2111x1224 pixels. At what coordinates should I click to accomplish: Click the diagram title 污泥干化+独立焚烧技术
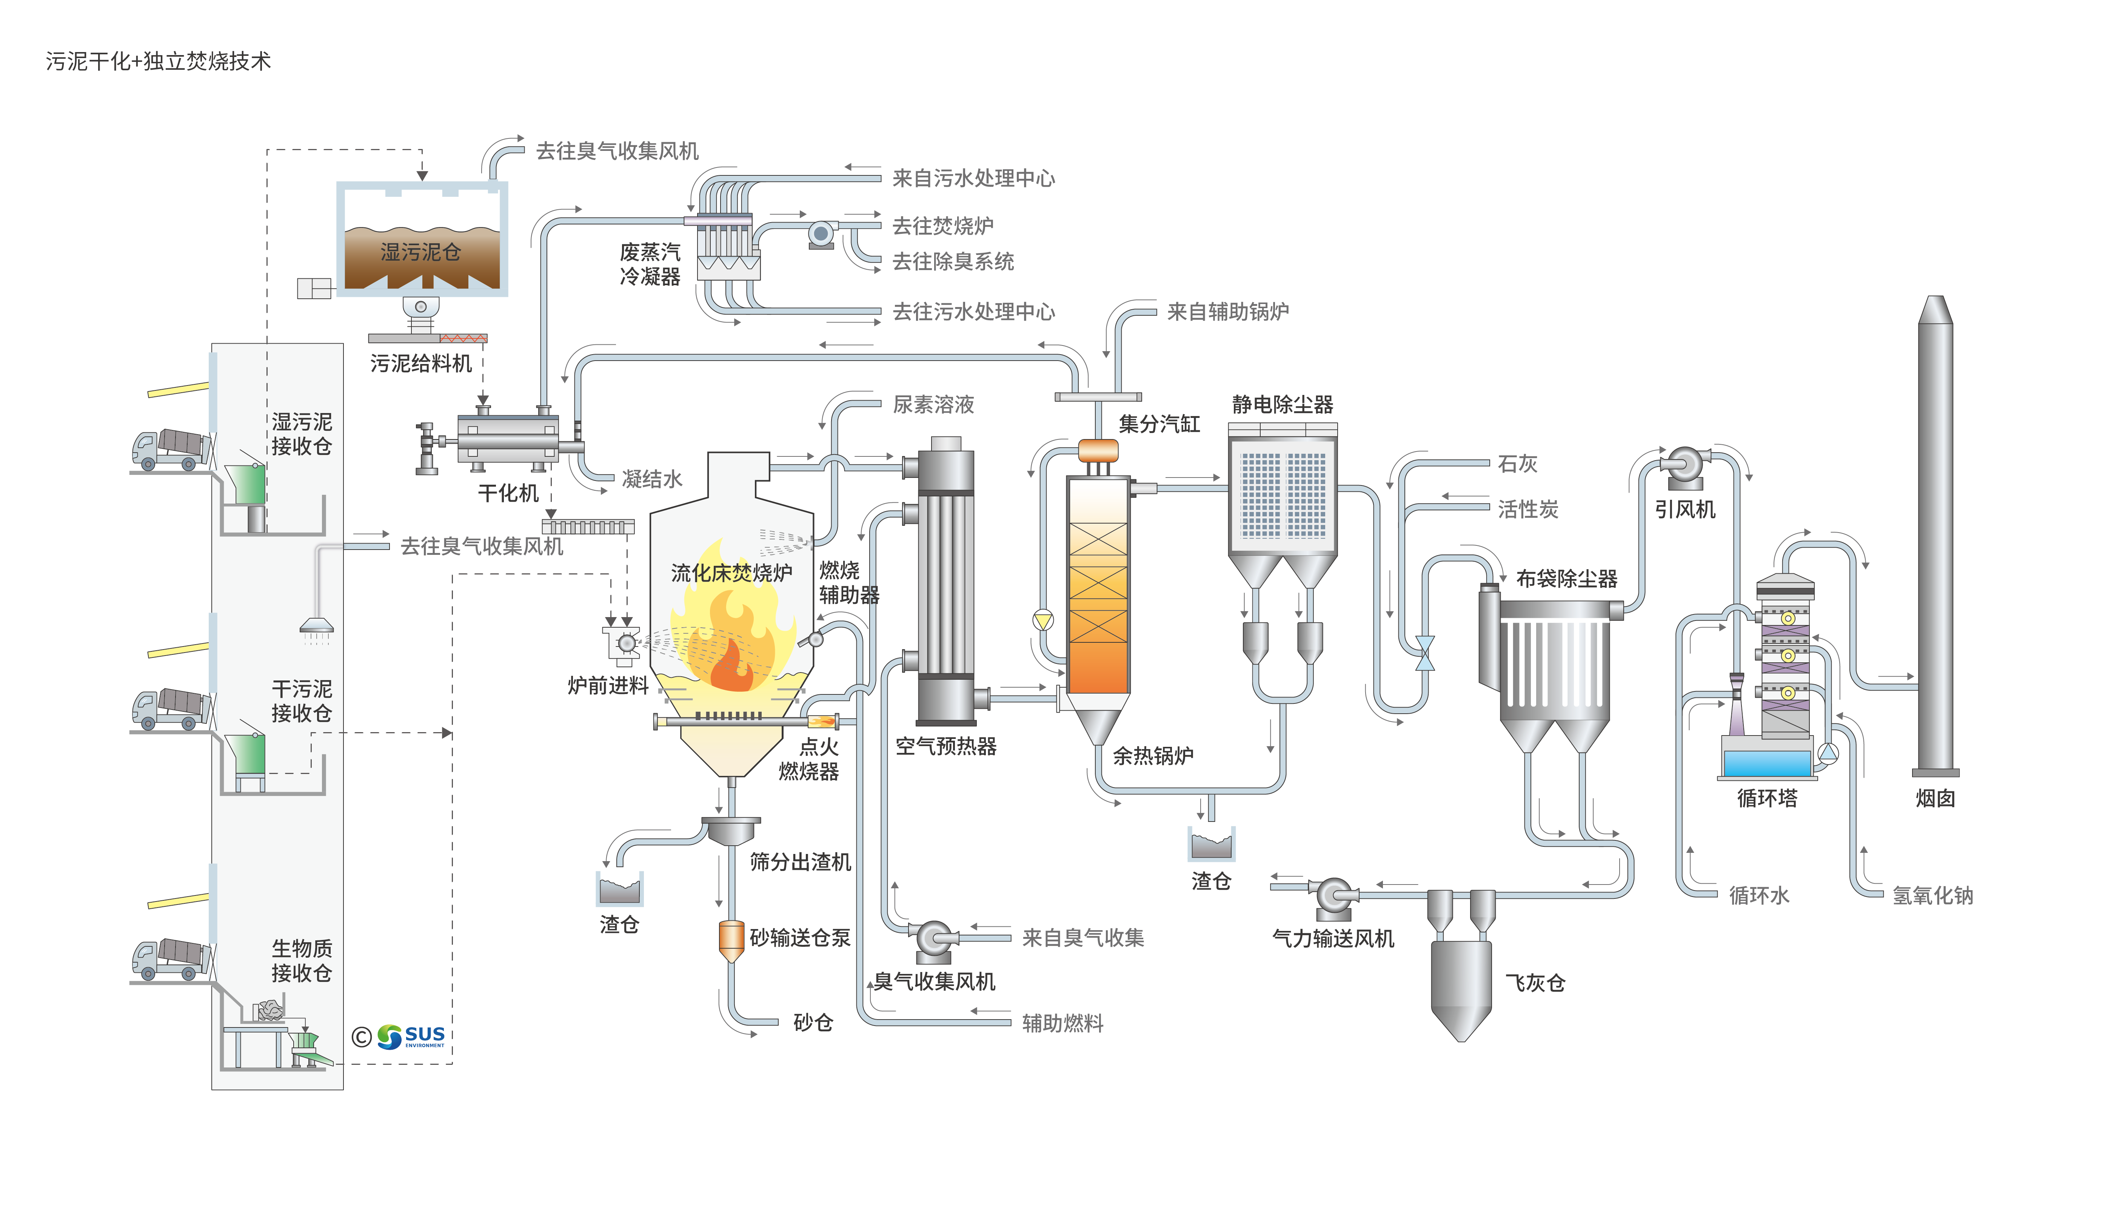click(x=158, y=61)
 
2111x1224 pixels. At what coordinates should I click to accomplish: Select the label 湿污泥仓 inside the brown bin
click(x=420, y=252)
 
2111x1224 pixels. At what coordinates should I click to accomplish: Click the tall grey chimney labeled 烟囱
click(x=1935, y=536)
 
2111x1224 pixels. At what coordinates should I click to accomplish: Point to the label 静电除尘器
click(x=1283, y=405)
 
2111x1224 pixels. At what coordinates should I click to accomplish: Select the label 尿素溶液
click(x=933, y=405)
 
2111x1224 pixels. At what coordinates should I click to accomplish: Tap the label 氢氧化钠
click(x=1932, y=896)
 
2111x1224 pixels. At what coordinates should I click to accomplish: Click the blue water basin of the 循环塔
click(x=1768, y=763)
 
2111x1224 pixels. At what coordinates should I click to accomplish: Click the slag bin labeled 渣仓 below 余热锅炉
click(x=1211, y=846)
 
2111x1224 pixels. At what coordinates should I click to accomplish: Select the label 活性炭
click(x=1528, y=509)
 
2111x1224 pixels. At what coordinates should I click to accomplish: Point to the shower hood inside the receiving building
click(x=317, y=626)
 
